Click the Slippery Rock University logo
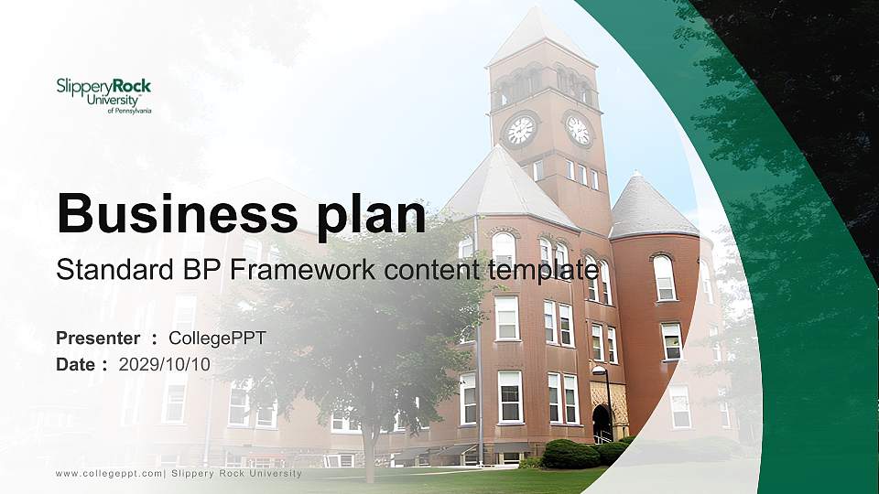(103, 96)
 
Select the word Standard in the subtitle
(114, 270)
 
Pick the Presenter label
(98, 338)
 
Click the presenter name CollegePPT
(217, 338)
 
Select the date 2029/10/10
(164, 365)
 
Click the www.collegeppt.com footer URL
(109, 474)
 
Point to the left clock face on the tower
(521, 131)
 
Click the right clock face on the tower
(578, 130)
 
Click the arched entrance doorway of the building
(602, 423)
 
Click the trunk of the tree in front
(368, 448)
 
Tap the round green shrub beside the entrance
(570, 454)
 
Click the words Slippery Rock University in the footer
(236, 474)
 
